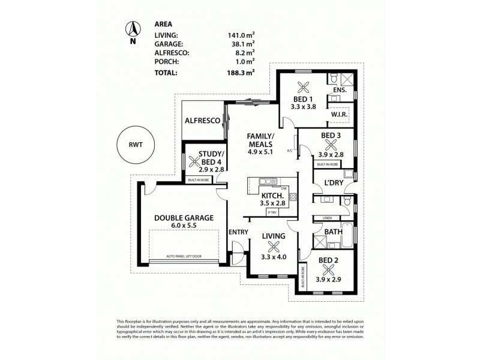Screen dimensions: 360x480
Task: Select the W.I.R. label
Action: click(x=339, y=114)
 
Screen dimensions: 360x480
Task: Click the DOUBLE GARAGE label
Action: click(x=183, y=218)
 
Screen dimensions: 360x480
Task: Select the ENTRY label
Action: click(x=239, y=232)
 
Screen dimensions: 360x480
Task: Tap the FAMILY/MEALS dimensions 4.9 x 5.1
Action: click(x=260, y=152)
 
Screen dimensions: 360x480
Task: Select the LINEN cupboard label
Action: click(x=327, y=218)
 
